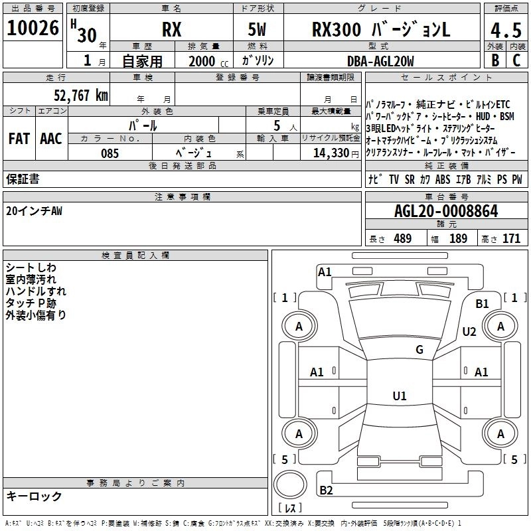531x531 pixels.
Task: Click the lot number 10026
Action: (x=33, y=30)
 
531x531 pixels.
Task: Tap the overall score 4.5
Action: (x=506, y=31)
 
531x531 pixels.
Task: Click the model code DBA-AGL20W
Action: (x=380, y=61)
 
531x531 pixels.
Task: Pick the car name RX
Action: (x=172, y=31)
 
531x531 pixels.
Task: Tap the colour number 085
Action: (x=110, y=153)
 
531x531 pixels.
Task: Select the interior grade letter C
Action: (x=516, y=60)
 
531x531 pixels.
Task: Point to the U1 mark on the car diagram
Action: (x=399, y=396)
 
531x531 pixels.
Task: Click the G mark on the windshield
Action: (x=419, y=350)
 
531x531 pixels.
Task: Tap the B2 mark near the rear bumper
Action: (x=326, y=491)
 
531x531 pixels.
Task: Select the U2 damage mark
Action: (x=469, y=332)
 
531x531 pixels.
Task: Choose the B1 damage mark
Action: (x=482, y=304)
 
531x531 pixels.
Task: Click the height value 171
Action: (x=511, y=238)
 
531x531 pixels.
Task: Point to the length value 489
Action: (x=402, y=238)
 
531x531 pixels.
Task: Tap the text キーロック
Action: (x=34, y=496)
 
